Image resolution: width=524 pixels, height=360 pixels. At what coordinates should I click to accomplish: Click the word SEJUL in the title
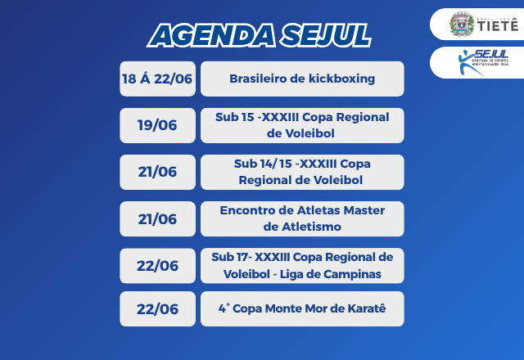click(x=322, y=35)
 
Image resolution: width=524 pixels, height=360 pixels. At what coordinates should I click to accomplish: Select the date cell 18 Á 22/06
click(x=158, y=79)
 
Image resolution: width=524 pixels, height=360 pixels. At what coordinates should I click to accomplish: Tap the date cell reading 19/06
click(x=158, y=125)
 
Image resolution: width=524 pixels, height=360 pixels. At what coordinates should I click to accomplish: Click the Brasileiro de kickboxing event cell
click(x=302, y=79)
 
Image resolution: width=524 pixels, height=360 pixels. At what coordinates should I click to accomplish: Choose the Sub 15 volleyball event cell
click(x=302, y=125)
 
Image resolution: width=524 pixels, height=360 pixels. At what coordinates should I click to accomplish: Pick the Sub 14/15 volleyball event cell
click(x=302, y=172)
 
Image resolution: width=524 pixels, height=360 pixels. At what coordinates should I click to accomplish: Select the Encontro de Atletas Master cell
click(x=302, y=218)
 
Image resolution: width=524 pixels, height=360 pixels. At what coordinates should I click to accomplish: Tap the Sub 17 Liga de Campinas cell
click(x=302, y=265)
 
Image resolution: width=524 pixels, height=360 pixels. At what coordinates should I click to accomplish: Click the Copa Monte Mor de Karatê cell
click(x=302, y=308)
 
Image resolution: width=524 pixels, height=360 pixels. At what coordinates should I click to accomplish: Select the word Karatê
click(x=364, y=308)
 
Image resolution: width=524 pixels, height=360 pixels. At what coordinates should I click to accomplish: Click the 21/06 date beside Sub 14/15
click(x=158, y=172)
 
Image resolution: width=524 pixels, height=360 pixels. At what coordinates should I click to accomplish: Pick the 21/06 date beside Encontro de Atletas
click(x=158, y=218)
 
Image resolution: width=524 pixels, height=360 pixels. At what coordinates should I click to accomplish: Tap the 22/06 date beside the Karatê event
click(x=158, y=308)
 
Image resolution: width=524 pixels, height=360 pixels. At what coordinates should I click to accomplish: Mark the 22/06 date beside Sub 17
click(x=158, y=265)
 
